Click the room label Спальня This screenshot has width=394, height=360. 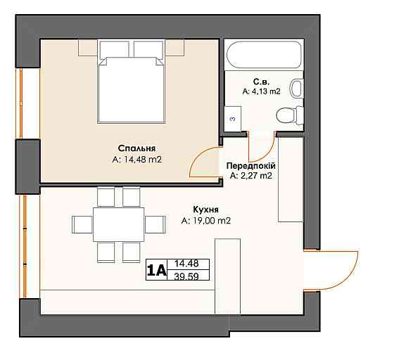pyautogui.click(x=136, y=148)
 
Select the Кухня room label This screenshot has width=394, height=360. pyautogui.click(x=205, y=210)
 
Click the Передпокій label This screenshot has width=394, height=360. pyautogui.click(x=250, y=166)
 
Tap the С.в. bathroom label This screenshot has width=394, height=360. pyautogui.click(x=261, y=82)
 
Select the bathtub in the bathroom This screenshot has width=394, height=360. pyautogui.click(x=264, y=55)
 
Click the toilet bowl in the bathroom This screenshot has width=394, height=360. pyautogui.click(x=290, y=116)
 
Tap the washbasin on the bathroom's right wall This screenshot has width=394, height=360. pyautogui.click(x=297, y=88)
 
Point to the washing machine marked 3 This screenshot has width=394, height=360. pyautogui.click(x=233, y=119)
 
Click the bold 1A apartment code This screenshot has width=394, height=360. pyautogui.click(x=156, y=270)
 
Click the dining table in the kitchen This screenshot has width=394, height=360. pyautogui.click(x=119, y=224)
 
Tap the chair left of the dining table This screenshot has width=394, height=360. pyautogui.click(x=82, y=224)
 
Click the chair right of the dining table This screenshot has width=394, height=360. pyautogui.click(x=155, y=224)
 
